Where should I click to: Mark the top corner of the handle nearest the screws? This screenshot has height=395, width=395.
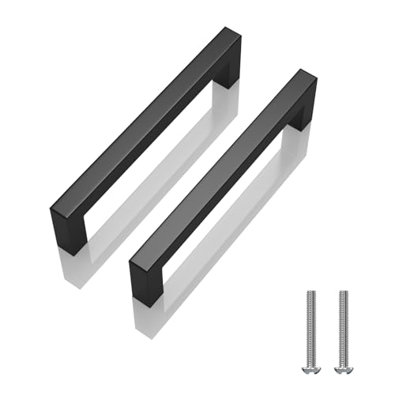(x=304, y=73)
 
